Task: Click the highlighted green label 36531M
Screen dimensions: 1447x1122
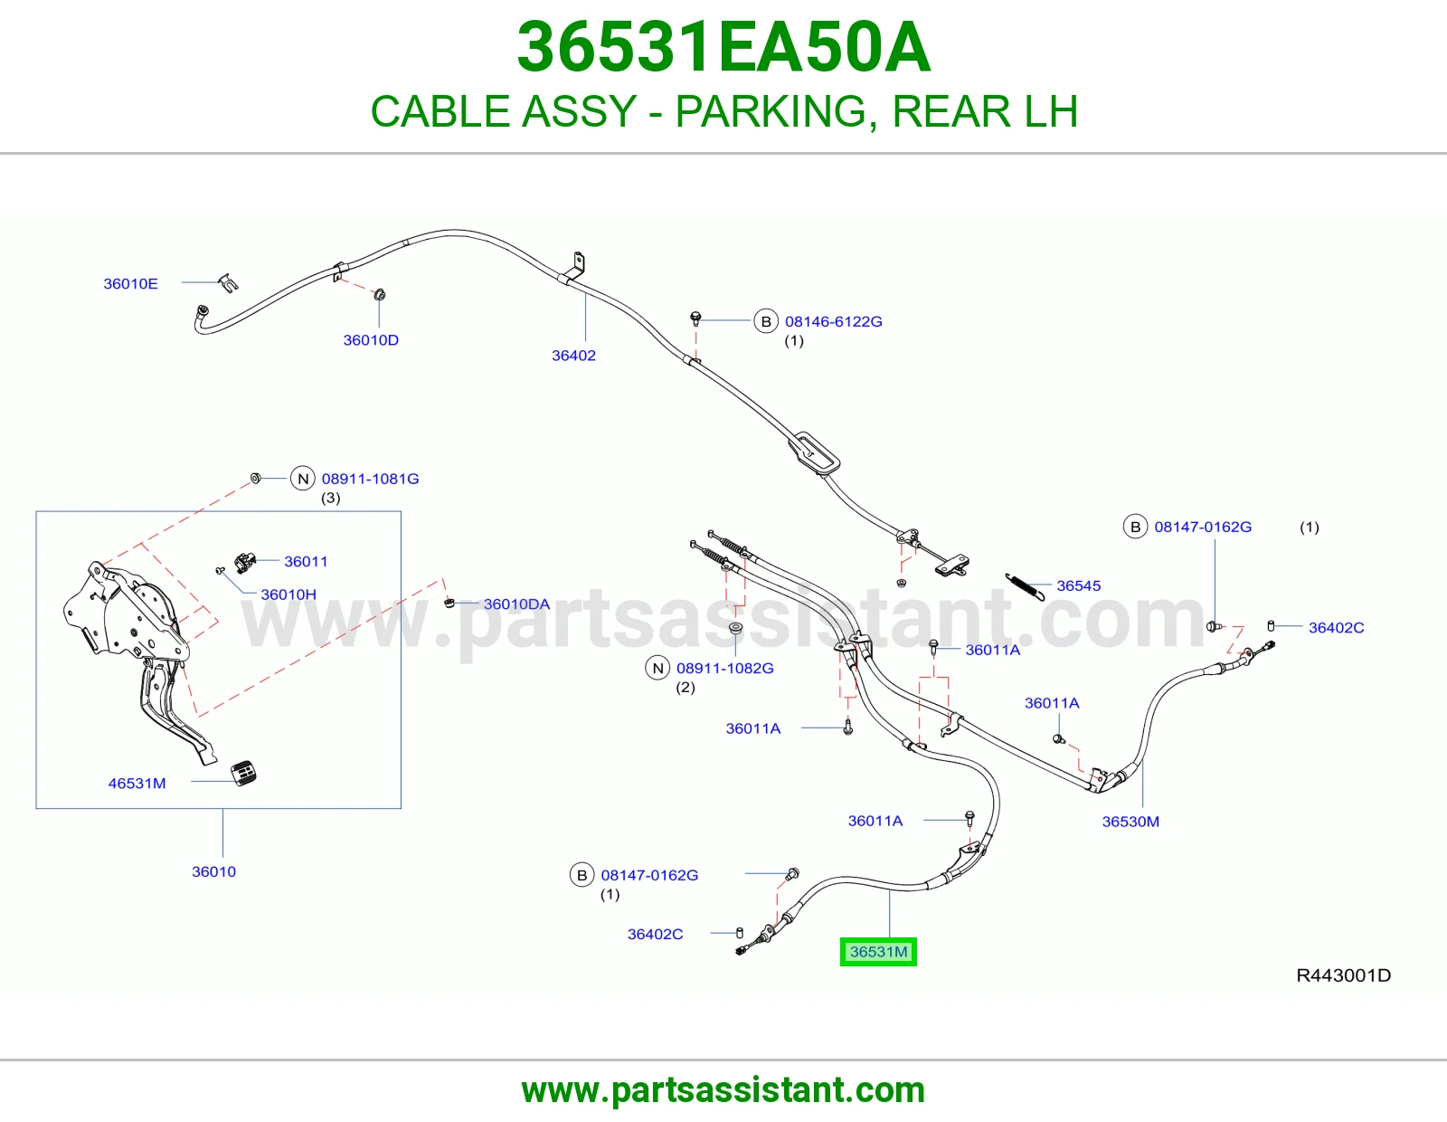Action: point(877,951)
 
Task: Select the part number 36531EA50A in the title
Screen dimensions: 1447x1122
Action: point(723,47)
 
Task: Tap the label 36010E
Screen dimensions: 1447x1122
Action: point(130,284)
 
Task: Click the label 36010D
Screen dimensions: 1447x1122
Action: point(371,340)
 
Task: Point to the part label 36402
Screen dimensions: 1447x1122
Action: point(573,355)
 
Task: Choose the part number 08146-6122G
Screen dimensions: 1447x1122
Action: point(833,321)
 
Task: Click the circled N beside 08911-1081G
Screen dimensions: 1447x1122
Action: point(303,479)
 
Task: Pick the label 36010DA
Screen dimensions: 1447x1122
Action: point(516,604)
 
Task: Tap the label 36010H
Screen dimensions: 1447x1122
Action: point(288,594)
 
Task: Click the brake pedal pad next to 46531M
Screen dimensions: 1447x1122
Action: point(243,773)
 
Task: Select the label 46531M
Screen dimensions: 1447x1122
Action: point(137,784)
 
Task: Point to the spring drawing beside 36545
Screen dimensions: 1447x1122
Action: point(1025,587)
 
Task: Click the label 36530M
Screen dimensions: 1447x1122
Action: point(1130,822)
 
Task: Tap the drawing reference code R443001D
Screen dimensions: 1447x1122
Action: point(1343,975)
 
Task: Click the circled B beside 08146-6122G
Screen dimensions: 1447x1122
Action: point(766,321)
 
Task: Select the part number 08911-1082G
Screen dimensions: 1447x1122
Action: point(725,669)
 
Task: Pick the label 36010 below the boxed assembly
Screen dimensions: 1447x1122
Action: point(213,871)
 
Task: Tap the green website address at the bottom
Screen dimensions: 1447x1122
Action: point(723,1090)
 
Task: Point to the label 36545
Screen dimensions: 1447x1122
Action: point(1079,585)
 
